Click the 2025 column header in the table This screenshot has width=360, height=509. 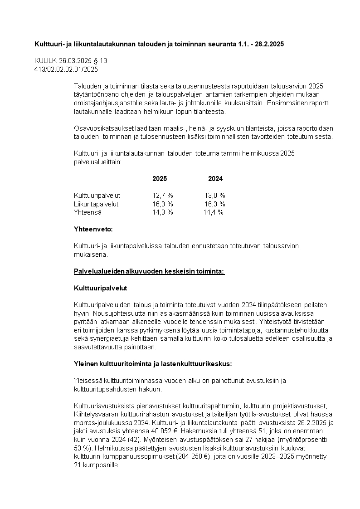tap(160, 179)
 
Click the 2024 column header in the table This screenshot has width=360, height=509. tap(215, 179)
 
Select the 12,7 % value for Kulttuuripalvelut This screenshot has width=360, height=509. tap(162, 196)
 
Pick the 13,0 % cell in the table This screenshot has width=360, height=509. tap(215, 196)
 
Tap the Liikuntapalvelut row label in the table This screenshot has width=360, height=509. tap(96, 204)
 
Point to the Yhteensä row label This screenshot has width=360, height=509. tap(88, 212)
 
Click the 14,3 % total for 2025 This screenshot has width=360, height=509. tap(162, 212)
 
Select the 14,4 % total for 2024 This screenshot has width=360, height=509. tap(213, 212)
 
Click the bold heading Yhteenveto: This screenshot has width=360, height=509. tap(93, 229)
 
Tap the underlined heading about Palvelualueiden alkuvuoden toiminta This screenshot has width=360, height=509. tap(149, 271)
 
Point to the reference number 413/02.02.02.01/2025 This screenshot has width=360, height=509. tap(66, 69)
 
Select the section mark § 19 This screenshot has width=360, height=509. tap(101, 61)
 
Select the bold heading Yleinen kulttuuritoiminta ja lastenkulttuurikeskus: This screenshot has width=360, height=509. tap(153, 364)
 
